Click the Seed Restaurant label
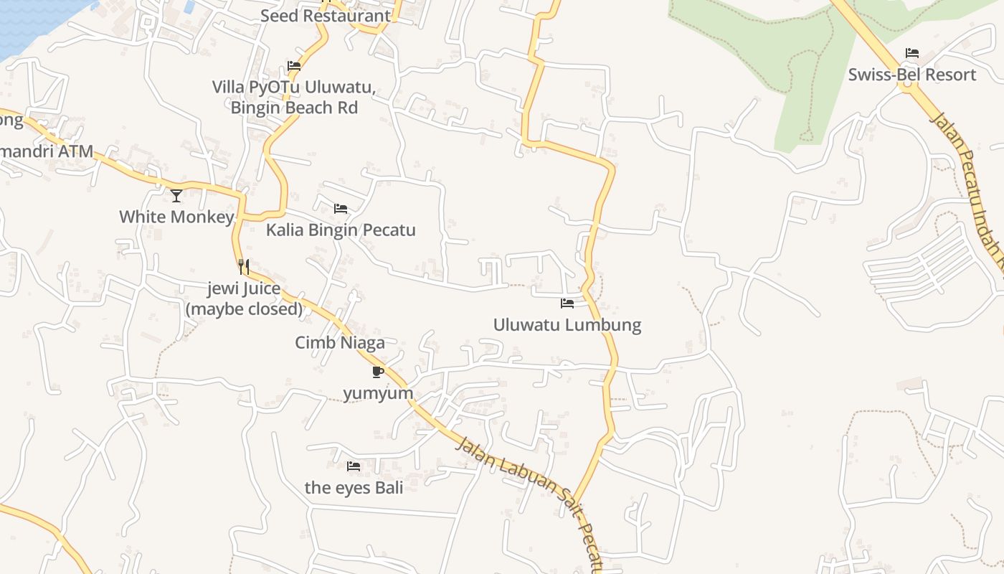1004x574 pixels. coord(326,16)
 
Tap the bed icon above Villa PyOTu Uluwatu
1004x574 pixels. coord(294,66)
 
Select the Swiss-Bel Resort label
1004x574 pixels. coord(912,75)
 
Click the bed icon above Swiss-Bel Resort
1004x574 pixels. coord(912,53)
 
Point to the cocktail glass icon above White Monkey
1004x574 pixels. coord(176,195)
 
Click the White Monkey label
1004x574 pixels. coord(176,217)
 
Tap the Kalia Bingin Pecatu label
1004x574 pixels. coord(341,230)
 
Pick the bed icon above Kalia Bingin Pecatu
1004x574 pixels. coord(341,209)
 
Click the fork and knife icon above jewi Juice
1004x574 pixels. coord(244,267)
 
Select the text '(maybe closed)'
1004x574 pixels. coord(244,309)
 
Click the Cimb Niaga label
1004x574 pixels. coord(340,343)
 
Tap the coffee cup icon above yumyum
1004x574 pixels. coord(378,372)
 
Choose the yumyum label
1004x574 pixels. coord(378,393)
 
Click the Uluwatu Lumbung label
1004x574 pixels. coord(567,325)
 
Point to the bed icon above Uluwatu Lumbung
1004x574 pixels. coord(567,304)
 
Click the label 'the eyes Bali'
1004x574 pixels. coord(354,488)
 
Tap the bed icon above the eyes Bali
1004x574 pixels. coord(354,466)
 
